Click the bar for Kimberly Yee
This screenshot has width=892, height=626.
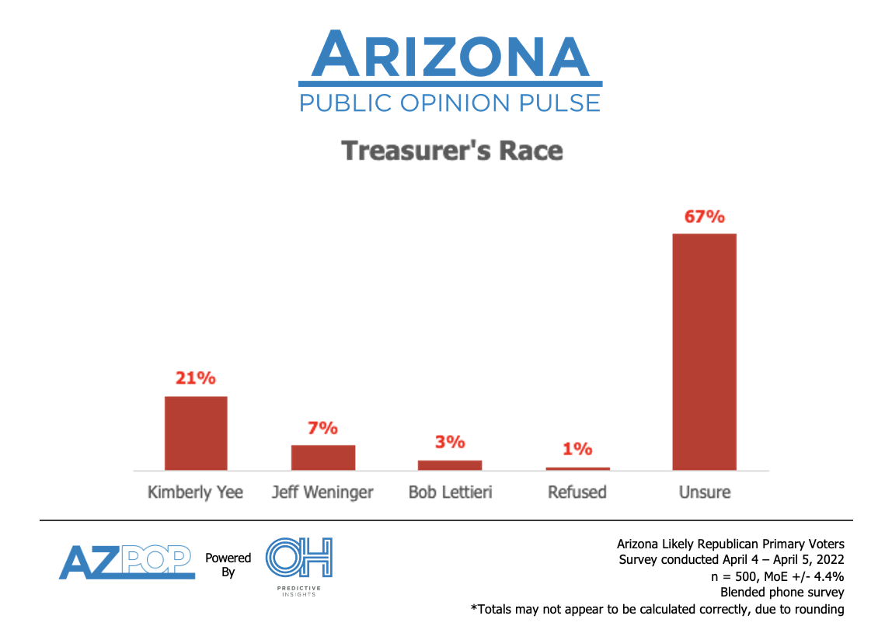[196, 433]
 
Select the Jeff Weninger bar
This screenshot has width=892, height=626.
[322, 457]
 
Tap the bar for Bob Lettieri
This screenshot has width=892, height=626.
[450, 464]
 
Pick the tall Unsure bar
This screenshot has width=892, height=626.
[704, 352]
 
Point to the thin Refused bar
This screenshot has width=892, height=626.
[577, 468]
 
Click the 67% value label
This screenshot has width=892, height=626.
[704, 217]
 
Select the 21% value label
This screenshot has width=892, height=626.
[196, 378]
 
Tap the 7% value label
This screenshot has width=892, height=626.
[322, 428]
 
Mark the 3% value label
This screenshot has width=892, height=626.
[450, 443]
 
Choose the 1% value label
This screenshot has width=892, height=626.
[577, 449]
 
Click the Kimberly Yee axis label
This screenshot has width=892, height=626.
[196, 492]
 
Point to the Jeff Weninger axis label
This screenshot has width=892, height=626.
[322, 492]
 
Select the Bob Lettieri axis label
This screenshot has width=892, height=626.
[450, 492]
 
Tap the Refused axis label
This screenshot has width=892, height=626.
[577, 492]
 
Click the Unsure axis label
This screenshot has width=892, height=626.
[704, 492]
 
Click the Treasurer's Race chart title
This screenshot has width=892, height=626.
[452, 150]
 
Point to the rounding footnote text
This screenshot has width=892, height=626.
[657, 609]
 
